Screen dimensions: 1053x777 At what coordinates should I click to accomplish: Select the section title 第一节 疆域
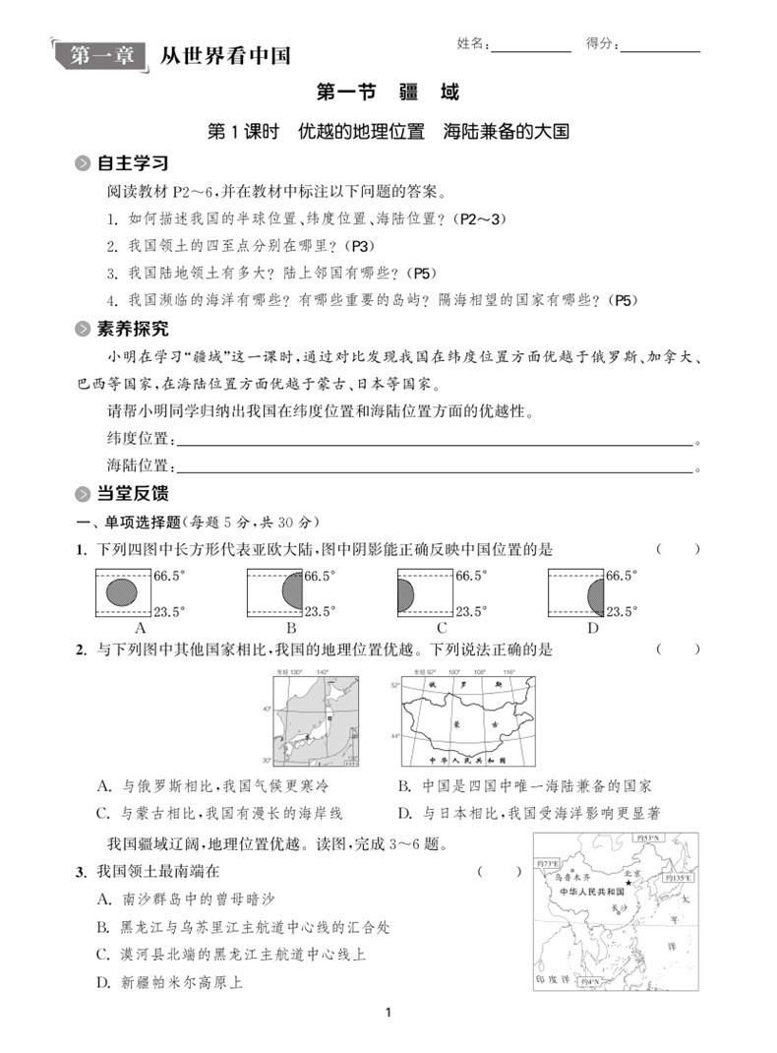pos(388,93)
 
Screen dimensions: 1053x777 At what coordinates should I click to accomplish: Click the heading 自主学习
pos(133,163)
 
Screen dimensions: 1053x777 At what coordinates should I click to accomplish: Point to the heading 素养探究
pos(133,329)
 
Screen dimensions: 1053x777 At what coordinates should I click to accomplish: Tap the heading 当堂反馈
pos(133,493)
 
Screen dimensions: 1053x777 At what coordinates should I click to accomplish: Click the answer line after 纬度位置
pos(433,440)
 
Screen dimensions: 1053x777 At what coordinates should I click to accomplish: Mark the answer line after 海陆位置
pos(433,466)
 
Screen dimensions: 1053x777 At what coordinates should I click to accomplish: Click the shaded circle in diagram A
pos(123,591)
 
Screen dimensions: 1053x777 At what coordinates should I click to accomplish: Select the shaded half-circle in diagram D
pos(594,593)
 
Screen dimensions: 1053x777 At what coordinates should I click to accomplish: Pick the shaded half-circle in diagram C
pos(405,593)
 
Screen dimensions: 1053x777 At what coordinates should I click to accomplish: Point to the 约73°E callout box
pos(549,863)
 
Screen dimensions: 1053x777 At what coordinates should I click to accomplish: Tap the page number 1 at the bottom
pos(389,1012)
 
